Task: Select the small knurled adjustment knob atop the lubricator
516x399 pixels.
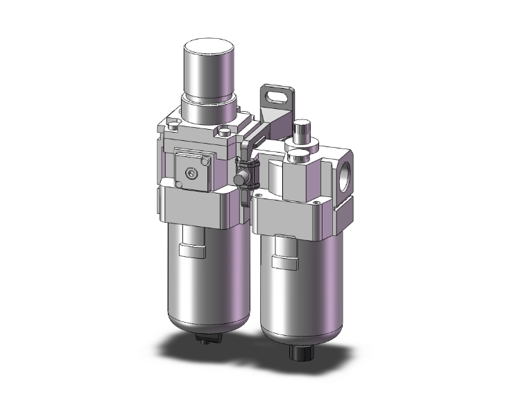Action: pyautogui.click(x=300, y=130)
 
